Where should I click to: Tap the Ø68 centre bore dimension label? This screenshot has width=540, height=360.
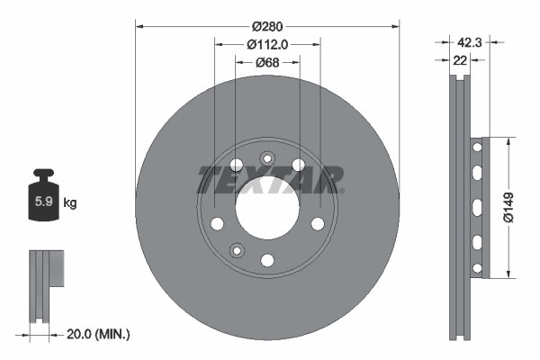point(266,62)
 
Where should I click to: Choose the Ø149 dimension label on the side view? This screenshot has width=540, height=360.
point(509,206)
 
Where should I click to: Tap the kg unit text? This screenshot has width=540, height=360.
point(70,203)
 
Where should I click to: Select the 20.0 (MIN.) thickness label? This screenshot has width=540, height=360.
point(99,334)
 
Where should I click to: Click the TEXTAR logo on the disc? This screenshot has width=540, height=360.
point(267,178)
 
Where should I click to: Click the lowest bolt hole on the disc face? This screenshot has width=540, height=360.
point(267,260)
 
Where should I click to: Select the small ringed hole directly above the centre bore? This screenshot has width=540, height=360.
point(267,158)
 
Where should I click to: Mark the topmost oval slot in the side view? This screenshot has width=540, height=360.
point(477,145)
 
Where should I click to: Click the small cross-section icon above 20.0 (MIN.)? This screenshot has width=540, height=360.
point(46,283)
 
